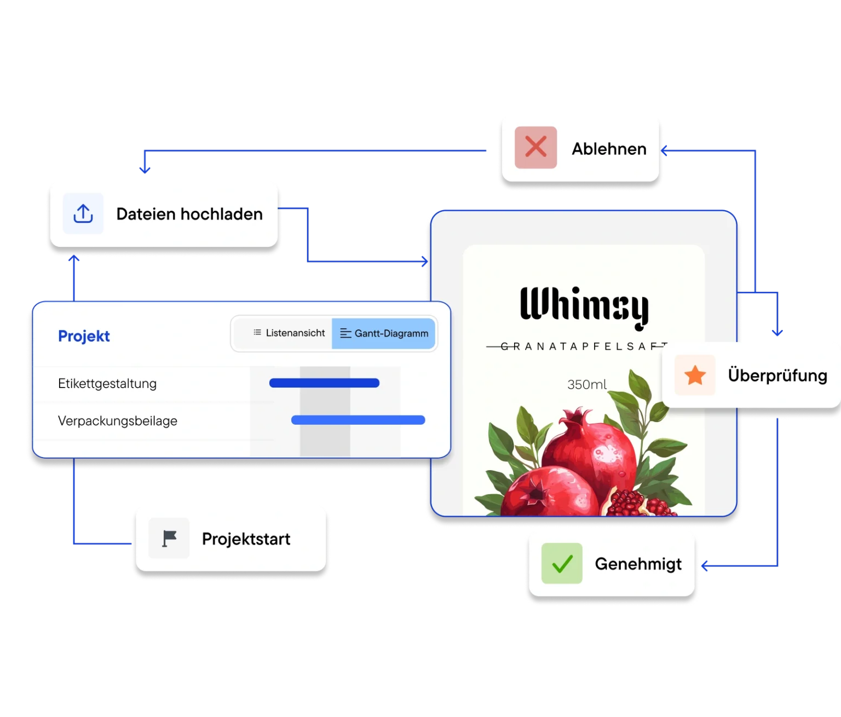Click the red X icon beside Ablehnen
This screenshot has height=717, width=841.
[535, 148]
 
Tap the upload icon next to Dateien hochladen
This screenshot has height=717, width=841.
[83, 213]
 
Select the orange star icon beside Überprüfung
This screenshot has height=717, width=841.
[695, 375]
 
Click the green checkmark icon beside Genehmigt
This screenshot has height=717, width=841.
[562, 564]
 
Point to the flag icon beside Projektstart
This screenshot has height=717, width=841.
[169, 539]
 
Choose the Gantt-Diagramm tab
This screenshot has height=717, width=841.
[384, 333]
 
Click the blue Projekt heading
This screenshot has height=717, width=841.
[84, 336]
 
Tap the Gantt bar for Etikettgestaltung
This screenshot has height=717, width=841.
[324, 383]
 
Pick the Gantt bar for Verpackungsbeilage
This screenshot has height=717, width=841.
[358, 420]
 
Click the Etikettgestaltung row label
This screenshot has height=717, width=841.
[107, 384]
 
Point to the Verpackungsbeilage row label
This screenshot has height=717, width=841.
[118, 421]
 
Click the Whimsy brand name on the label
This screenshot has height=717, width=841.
[584, 307]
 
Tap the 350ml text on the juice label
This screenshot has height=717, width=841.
[586, 385]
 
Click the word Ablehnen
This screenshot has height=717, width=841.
[609, 149]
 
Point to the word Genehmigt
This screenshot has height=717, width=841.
[638, 564]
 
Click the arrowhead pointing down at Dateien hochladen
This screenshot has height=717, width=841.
[145, 170]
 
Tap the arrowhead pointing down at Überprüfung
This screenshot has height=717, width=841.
[777, 332]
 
